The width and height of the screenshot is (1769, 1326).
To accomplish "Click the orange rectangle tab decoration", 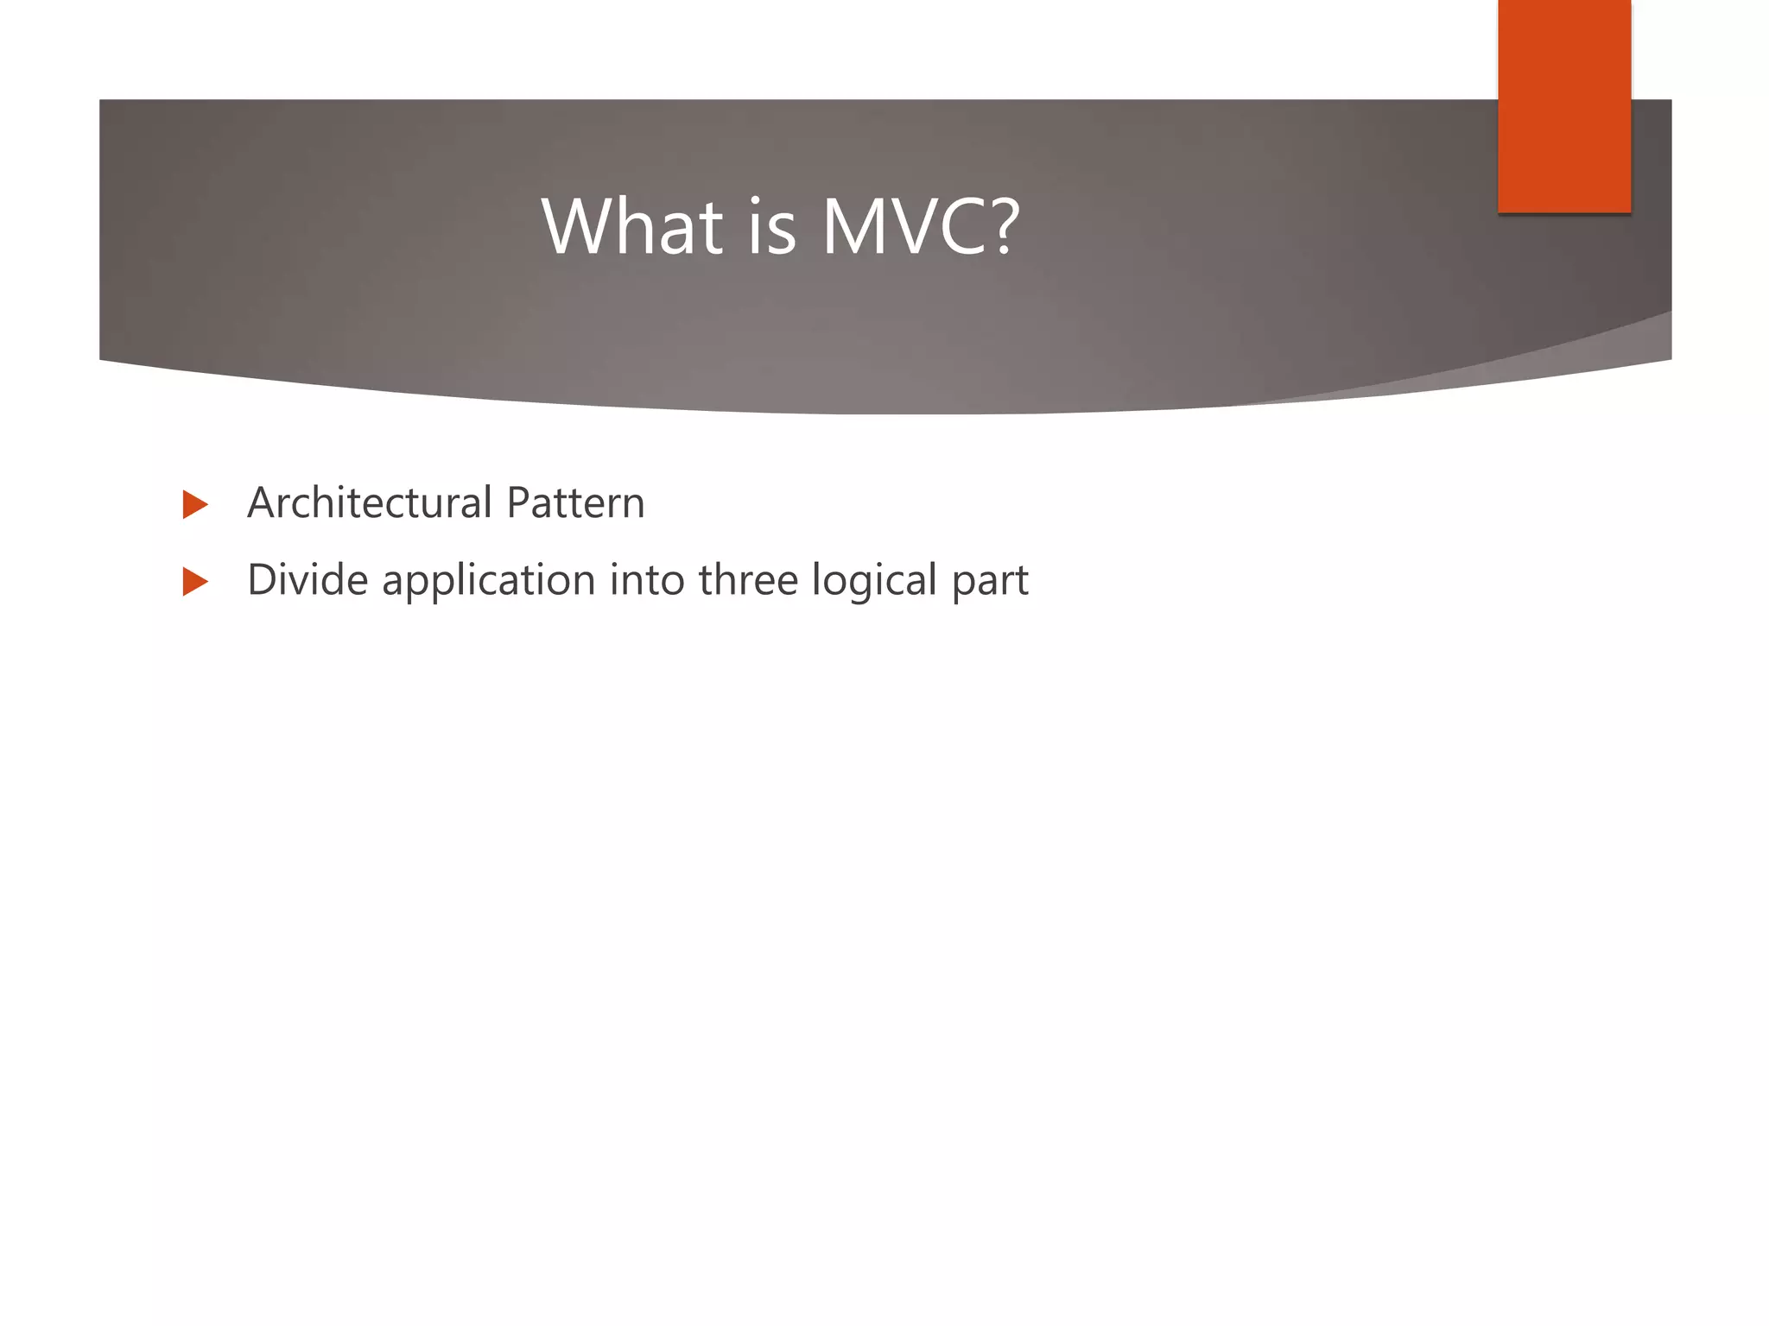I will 1563,105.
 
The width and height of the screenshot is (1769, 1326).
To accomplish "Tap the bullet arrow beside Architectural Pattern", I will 195,504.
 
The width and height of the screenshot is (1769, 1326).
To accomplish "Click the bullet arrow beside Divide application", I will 195,581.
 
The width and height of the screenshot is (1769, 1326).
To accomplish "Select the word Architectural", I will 370,502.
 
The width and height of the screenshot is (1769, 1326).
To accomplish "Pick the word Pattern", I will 575,502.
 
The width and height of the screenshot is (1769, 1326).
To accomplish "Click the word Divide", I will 308,579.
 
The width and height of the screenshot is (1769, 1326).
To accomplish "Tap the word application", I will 489,581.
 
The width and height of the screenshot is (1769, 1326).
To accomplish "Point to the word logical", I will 874,581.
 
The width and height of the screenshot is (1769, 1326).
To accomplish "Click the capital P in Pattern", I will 518,502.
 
